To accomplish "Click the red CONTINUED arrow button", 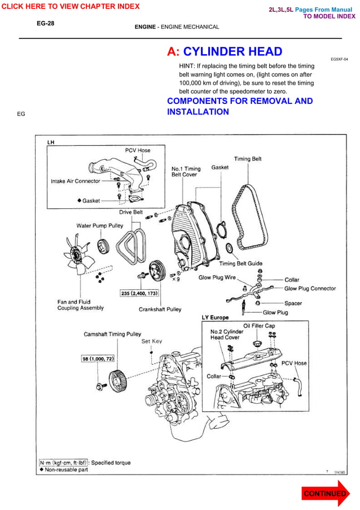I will (x=325, y=493).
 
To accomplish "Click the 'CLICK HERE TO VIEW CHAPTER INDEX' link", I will (x=70, y=6).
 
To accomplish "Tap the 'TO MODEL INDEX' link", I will (x=330, y=17).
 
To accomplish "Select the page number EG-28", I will (x=45, y=24).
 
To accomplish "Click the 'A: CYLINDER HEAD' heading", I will (x=225, y=52).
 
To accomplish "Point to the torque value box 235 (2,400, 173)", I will (x=139, y=294).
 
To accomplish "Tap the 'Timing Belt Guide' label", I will (x=240, y=264).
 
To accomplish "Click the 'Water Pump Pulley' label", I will (x=100, y=226).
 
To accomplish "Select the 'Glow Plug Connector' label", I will (x=310, y=289).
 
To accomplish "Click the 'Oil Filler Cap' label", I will (x=259, y=326).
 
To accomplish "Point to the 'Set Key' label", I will (x=151, y=341).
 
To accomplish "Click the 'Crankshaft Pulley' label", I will (x=160, y=310).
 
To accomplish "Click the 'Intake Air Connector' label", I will (x=76, y=181).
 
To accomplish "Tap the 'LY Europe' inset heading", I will (x=216, y=317).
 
